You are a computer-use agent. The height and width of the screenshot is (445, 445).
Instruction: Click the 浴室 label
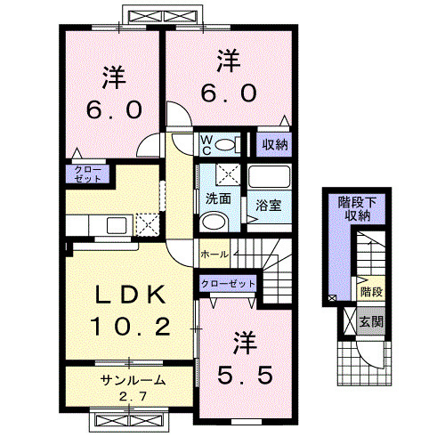point(269,205)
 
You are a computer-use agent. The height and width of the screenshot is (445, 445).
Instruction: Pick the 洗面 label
point(219,198)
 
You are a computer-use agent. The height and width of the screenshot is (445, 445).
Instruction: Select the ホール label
point(213,255)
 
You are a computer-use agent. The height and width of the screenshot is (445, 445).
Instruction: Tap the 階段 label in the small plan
point(372,291)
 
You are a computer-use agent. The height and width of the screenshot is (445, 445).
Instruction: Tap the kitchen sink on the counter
point(117,223)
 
